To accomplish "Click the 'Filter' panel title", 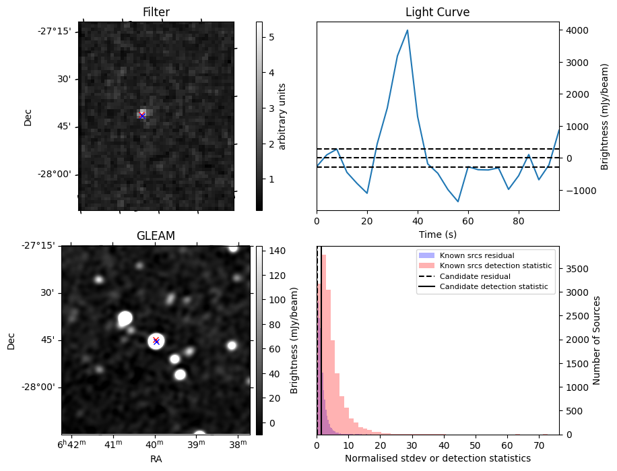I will (156, 12).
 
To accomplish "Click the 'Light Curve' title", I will (437, 12).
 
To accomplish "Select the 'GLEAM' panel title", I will (156, 236).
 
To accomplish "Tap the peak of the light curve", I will (408, 30).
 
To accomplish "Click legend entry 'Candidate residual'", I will (475, 277).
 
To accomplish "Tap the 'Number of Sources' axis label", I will (597, 340).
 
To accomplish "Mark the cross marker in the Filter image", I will (142, 116).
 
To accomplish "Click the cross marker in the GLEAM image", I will (156, 341).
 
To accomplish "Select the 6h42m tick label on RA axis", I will (70, 445).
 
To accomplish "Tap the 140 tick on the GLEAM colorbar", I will (276, 251).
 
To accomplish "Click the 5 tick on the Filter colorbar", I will (271, 38).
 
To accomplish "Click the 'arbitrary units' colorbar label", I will (283, 116).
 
